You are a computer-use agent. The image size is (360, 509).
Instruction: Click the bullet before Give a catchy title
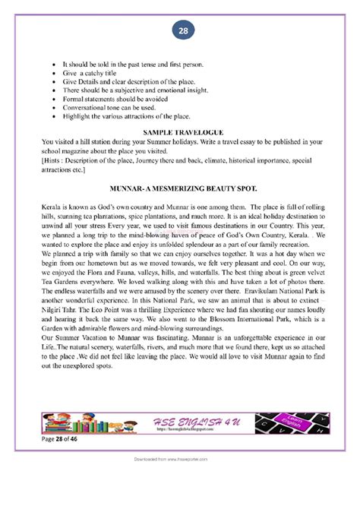[52, 79]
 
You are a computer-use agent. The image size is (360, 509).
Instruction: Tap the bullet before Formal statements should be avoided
[52, 98]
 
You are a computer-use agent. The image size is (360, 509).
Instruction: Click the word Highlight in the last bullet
[77, 116]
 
